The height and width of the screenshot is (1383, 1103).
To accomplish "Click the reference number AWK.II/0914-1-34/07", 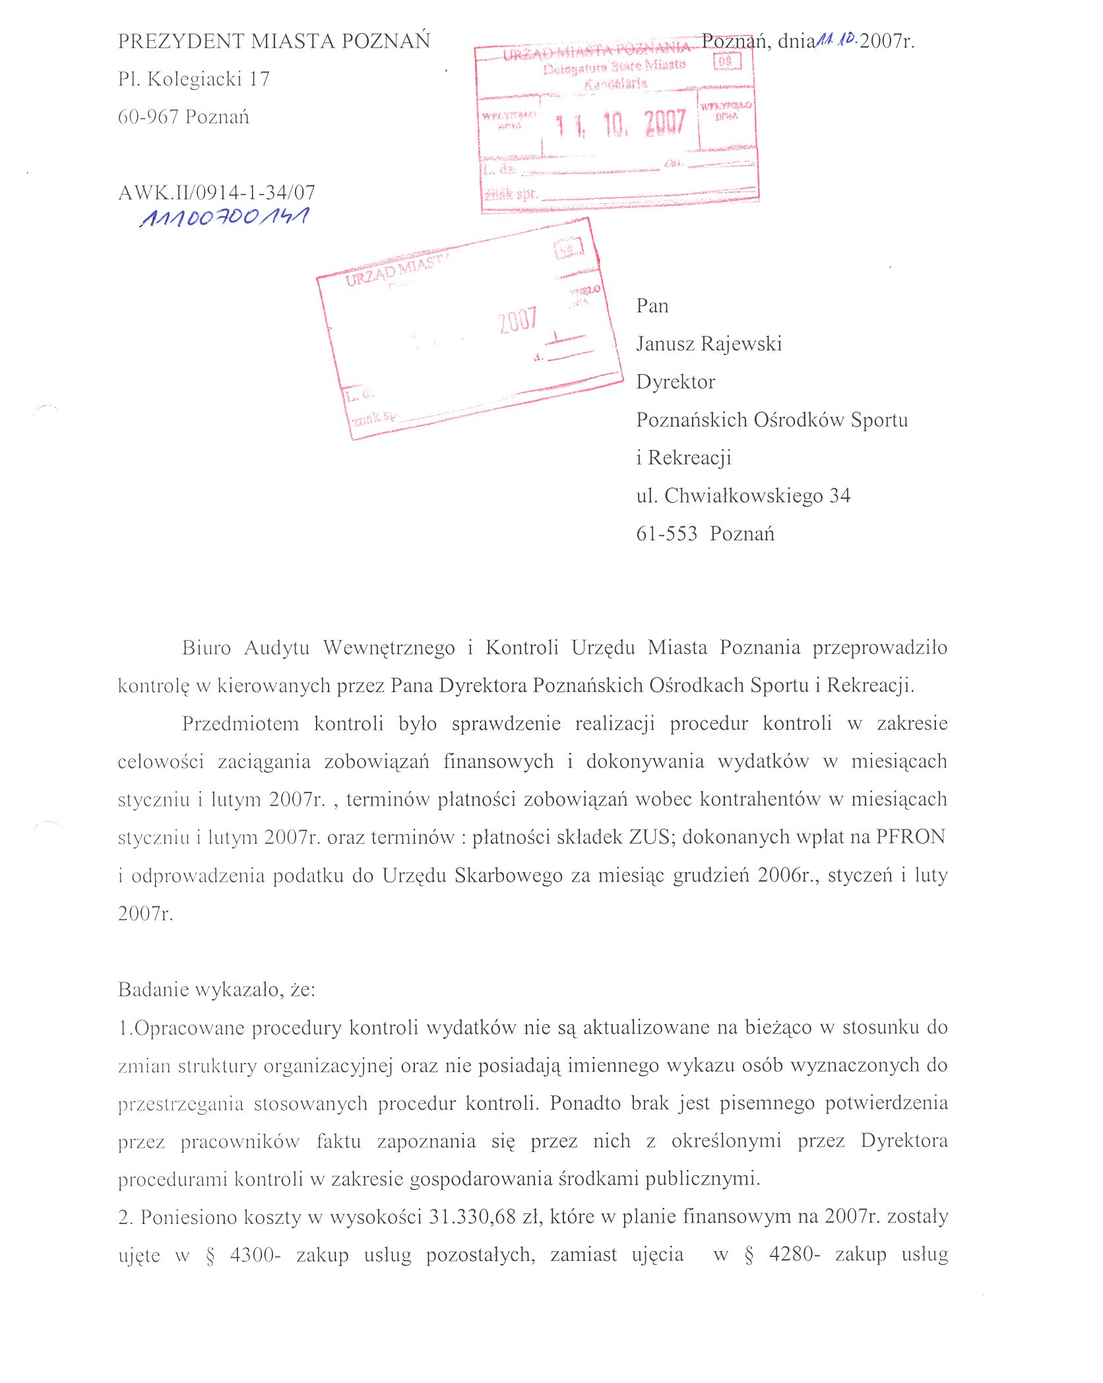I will [x=216, y=193].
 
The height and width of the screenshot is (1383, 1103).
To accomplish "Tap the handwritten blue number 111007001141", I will [x=224, y=217].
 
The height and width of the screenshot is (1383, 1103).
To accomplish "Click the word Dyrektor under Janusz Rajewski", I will [x=676, y=382].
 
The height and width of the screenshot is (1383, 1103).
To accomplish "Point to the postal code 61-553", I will [x=666, y=534].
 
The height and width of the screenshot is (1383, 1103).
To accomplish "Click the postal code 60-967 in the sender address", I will [x=148, y=117].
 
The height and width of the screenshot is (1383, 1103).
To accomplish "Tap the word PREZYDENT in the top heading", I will [x=181, y=41].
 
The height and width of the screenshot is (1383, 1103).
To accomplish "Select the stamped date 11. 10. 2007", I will [x=620, y=124].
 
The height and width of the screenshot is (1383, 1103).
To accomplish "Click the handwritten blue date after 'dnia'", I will [x=837, y=40].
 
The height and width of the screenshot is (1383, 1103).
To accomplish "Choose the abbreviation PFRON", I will [x=910, y=837].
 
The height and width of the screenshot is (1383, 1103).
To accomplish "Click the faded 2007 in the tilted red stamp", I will [x=517, y=321].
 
